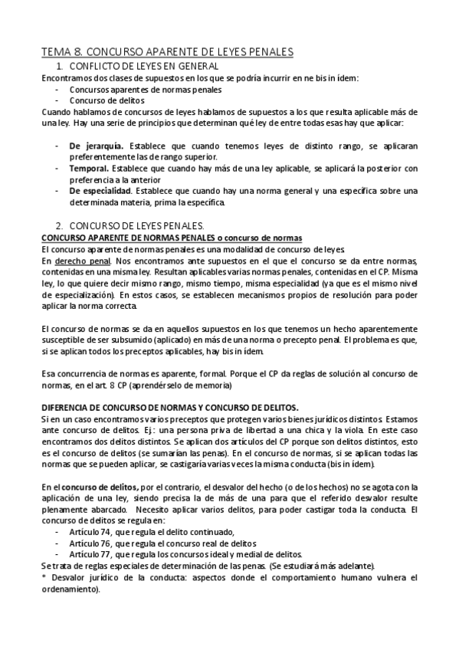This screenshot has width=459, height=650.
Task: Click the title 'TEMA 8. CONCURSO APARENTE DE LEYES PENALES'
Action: (x=167, y=52)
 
